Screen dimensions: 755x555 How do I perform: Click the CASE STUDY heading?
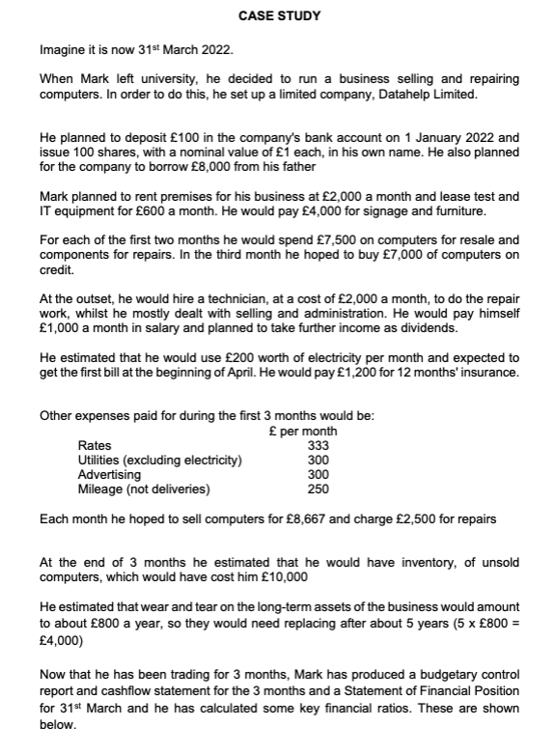[279, 16]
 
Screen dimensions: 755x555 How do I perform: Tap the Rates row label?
[94, 446]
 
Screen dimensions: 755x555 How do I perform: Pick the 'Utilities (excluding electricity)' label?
[159, 461]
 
